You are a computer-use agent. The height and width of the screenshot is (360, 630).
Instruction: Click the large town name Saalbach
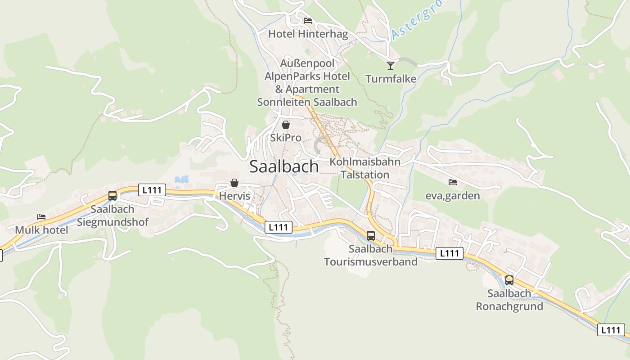tap(284, 166)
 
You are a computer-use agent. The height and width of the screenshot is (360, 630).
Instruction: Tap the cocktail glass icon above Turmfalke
tap(391, 65)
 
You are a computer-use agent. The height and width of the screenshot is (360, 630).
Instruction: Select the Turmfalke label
tap(391, 79)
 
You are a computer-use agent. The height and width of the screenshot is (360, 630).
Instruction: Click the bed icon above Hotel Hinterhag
tap(308, 21)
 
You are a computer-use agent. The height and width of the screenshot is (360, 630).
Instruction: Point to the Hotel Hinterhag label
tap(308, 34)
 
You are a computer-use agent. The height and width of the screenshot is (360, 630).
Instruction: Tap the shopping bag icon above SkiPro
tap(285, 125)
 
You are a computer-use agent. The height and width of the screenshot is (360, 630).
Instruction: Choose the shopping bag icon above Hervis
tap(234, 183)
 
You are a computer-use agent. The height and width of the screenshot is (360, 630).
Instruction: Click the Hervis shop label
tap(234, 196)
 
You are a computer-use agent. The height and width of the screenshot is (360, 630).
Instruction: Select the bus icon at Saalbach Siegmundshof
tap(112, 196)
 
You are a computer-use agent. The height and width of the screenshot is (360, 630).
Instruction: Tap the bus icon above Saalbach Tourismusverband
tap(370, 235)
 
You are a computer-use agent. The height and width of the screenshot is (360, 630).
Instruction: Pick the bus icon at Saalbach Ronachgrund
tap(509, 280)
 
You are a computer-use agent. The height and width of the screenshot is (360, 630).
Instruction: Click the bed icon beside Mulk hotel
tap(41, 217)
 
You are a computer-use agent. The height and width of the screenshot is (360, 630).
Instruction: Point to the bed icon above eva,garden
tap(453, 182)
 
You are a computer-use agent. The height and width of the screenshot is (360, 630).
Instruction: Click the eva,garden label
tap(453, 196)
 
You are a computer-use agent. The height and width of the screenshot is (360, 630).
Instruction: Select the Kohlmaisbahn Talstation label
tap(365, 168)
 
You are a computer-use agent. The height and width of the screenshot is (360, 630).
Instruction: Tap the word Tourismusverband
tap(371, 261)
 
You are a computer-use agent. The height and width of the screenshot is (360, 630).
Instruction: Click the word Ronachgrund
tap(509, 306)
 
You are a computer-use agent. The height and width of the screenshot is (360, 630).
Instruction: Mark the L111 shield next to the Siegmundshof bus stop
tap(152, 190)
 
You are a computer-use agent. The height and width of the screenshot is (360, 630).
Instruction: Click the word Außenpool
tap(307, 63)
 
